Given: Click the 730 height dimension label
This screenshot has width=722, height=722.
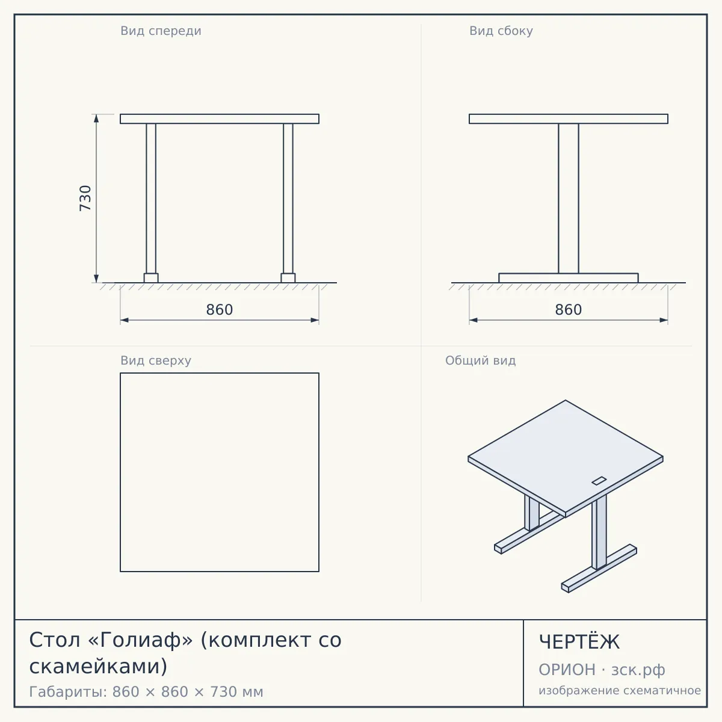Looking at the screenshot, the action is pyautogui.click(x=85, y=198).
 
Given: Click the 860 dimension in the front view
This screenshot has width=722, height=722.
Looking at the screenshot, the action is pyautogui.click(x=220, y=310).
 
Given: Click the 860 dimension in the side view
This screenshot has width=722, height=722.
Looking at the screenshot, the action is pyautogui.click(x=569, y=310).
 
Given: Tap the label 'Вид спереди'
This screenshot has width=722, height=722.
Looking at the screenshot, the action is pyautogui.click(x=161, y=31).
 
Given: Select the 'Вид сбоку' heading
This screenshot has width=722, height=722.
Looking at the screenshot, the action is pyautogui.click(x=501, y=31).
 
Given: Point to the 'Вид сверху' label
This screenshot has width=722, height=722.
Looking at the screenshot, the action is pyautogui.click(x=156, y=360).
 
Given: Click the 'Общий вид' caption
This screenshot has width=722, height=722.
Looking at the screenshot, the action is pyautogui.click(x=480, y=360).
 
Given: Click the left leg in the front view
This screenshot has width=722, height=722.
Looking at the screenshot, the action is pyautogui.click(x=151, y=199).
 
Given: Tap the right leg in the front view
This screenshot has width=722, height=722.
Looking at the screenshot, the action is pyautogui.click(x=288, y=199).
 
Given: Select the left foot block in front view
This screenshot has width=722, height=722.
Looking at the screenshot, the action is pyautogui.click(x=151, y=278).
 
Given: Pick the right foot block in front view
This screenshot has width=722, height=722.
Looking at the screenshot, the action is pyautogui.click(x=288, y=278).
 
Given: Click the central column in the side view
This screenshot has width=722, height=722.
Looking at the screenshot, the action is pyautogui.click(x=569, y=199).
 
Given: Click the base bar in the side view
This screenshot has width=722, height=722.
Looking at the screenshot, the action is pyautogui.click(x=569, y=278).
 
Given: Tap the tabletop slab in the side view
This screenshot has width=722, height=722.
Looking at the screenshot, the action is pyautogui.click(x=569, y=119).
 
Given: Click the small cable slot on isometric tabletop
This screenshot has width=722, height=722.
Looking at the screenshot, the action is pyautogui.click(x=599, y=481).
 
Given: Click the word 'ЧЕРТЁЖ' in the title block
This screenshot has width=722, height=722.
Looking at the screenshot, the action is pyautogui.click(x=579, y=642).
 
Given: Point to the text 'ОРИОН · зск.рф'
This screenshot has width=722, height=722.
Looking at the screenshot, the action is pyautogui.click(x=602, y=670).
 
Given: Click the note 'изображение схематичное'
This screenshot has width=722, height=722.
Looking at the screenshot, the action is pyautogui.click(x=620, y=691).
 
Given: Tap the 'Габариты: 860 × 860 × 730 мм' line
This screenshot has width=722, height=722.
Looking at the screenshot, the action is pyautogui.click(x=146, y=692).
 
